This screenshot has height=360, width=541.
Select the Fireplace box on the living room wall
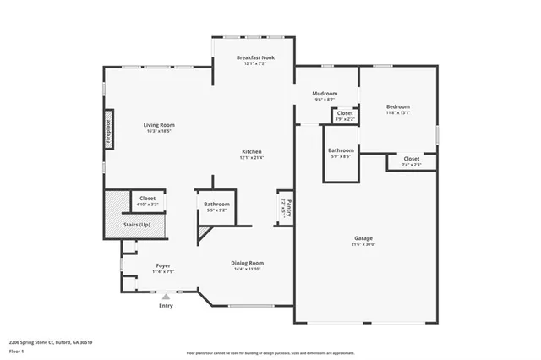[x=108, y=129]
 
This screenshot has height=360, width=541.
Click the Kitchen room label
[x=251, y=152]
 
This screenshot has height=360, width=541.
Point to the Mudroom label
[x=325, y=94]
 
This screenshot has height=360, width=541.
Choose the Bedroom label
[x=397, y=107]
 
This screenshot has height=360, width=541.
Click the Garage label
[x=363, y=239]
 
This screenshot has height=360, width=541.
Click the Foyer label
[x=163, y=266]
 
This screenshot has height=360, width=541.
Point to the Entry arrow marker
[x=166, y=297]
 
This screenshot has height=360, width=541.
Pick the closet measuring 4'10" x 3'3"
[x=147, y=199]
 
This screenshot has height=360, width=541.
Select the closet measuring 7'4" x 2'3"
[x=411, y=161]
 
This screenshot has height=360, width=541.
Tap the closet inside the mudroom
[x=345, y=115]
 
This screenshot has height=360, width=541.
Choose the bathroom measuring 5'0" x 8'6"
[x=341, y=152]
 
